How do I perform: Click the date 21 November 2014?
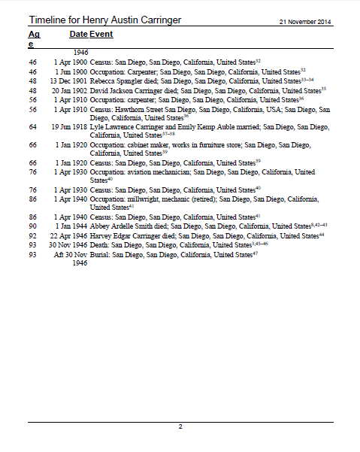305,20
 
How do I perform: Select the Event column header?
101,35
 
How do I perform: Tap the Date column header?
78,35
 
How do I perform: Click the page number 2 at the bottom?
180,426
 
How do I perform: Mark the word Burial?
101,254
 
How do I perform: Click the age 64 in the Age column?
33,126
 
